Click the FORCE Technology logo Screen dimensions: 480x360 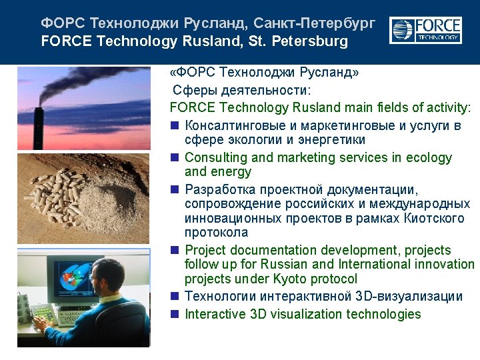pos(425,30)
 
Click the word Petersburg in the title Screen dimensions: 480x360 pos(310,41)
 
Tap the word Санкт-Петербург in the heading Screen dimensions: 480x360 pos(315,23)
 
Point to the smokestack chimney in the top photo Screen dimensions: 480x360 pos(38,128)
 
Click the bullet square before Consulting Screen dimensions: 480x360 pos(175,157)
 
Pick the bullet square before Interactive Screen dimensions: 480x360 pos(175,314)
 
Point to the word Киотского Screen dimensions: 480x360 pos(434,219)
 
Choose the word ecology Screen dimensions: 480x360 pos(429,158)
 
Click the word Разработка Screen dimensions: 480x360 pos(220,190)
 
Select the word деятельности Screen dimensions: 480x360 pos(264,90)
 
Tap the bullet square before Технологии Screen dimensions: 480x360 pos(175,296)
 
